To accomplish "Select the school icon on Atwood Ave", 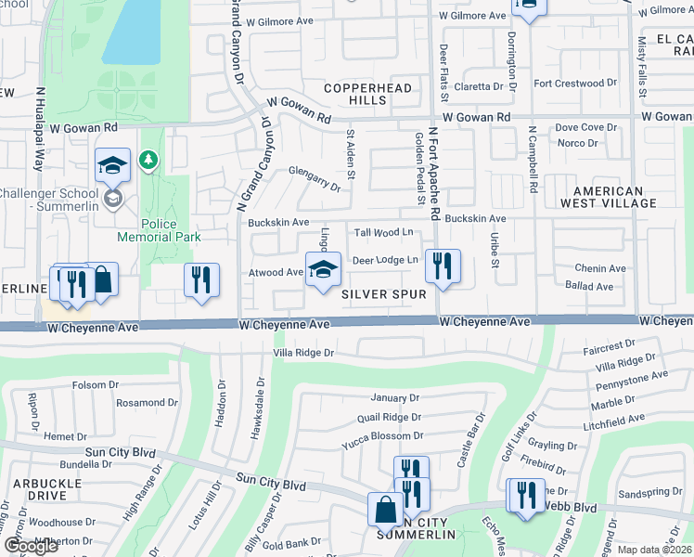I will click(322, 271).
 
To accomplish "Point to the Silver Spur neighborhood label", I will click(383, 294).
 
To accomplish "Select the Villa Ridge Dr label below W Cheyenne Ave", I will click(303, 353).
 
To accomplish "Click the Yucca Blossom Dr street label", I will click(382, 435).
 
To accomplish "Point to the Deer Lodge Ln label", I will click(384, 260).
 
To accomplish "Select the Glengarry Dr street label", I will click(315, 179).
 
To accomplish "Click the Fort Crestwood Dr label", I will click(574, 84).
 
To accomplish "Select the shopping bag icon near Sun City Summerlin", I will click(385, 510).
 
